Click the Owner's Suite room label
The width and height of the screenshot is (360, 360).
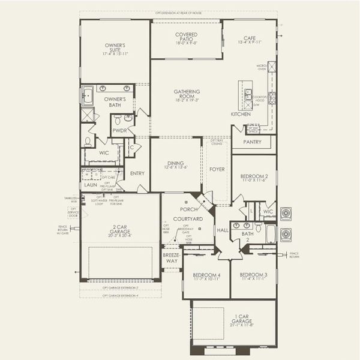115,49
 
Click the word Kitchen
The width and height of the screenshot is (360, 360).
241,114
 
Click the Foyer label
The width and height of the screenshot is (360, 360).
217,169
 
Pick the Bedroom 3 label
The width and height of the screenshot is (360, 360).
253,275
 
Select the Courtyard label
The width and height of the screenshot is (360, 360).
187,220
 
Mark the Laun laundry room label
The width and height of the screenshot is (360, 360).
91,185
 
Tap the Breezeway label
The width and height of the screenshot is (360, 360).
171,259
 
